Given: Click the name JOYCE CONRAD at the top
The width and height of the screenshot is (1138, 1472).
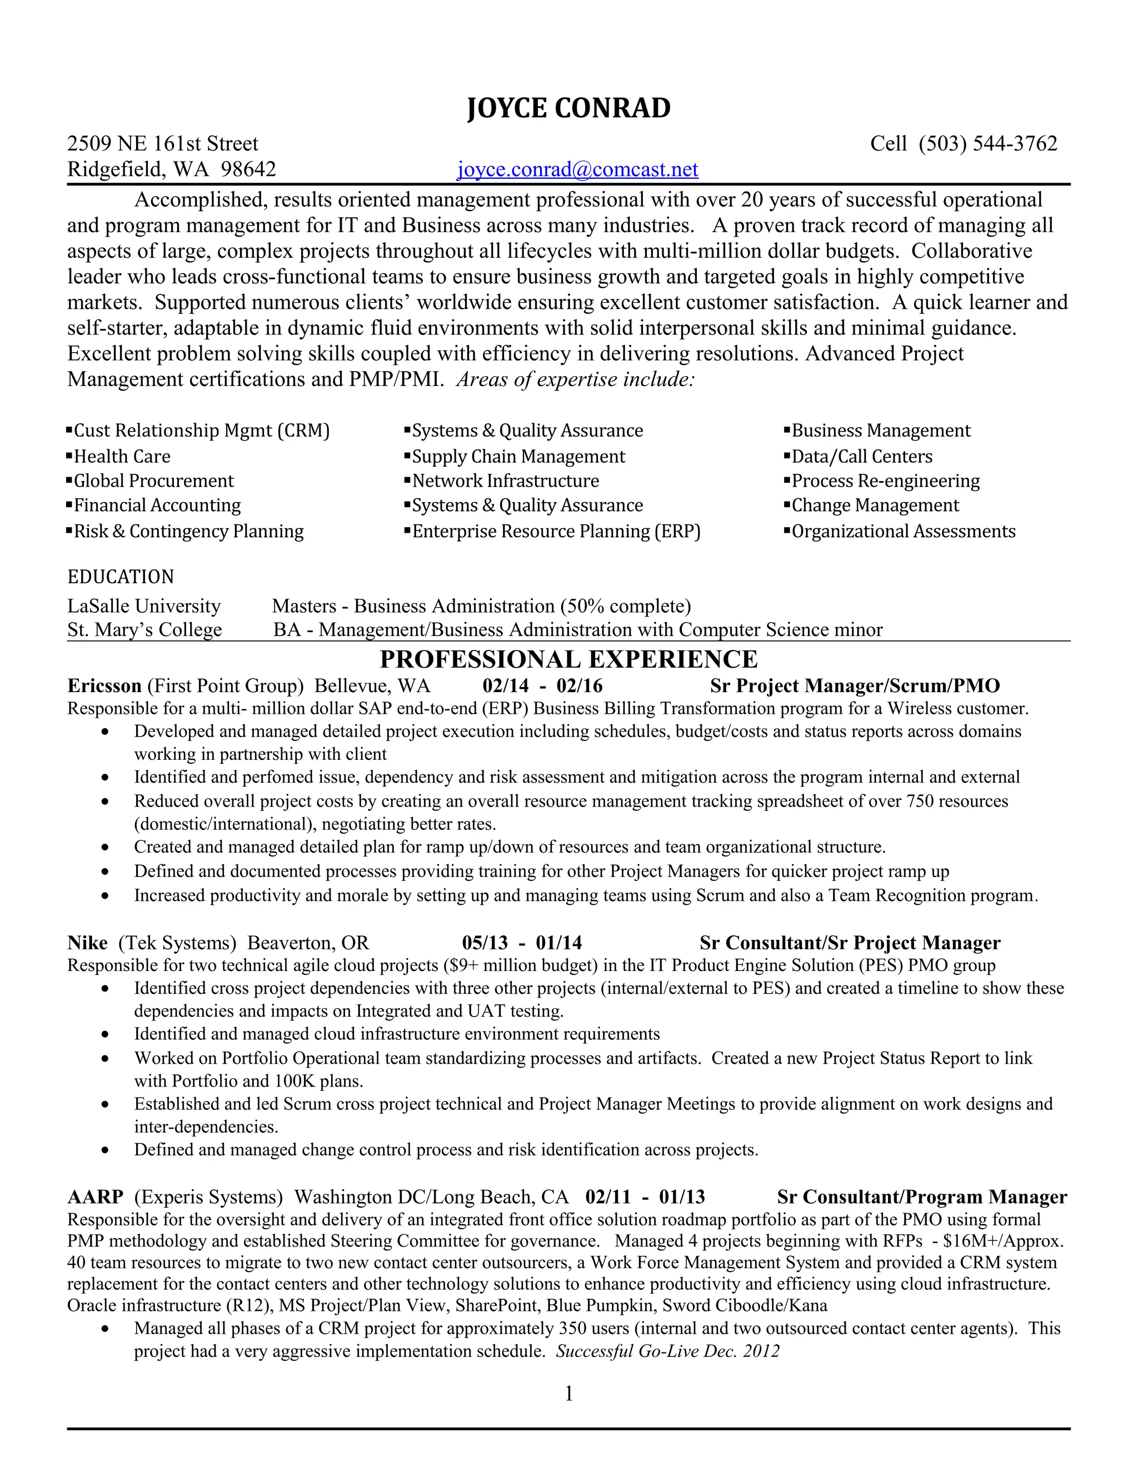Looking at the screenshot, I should pyautogui.click(x=568, y=108).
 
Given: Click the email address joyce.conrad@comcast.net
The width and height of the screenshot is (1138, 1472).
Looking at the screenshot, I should pyautogui.click(x=577, y=169).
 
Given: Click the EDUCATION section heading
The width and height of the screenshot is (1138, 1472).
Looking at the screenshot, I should pyautogui.click(x=121, y=577).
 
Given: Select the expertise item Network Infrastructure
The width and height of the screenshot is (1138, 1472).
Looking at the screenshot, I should pyautogui.click(x=505, y=480).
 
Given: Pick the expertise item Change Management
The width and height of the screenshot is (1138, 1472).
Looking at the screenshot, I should pyautogui.click(x=875, y=505).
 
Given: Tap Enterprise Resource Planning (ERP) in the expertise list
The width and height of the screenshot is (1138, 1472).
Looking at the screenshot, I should pyautogui.click(x=556, y=531).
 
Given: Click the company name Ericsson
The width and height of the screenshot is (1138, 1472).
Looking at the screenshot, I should pyautogui.click(x=104, y=685).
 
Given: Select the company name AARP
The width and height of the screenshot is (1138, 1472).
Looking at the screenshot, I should pyautogui.click(x=95, y=1196).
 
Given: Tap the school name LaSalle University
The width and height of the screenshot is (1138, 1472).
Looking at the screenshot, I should pyautogui.click(x=143, y=606).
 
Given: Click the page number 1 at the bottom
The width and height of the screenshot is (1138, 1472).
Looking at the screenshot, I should pyautogui.click(x=568, y=1393).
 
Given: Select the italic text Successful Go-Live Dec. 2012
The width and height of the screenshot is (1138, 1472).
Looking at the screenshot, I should pyautogui.click(x=667, y=1351).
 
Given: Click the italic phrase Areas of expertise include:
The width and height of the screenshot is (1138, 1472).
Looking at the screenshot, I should pyautogui.click(x=575, y=379).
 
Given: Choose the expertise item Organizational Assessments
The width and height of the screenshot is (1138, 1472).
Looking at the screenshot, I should pyautogui.click(x=903, y=531).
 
